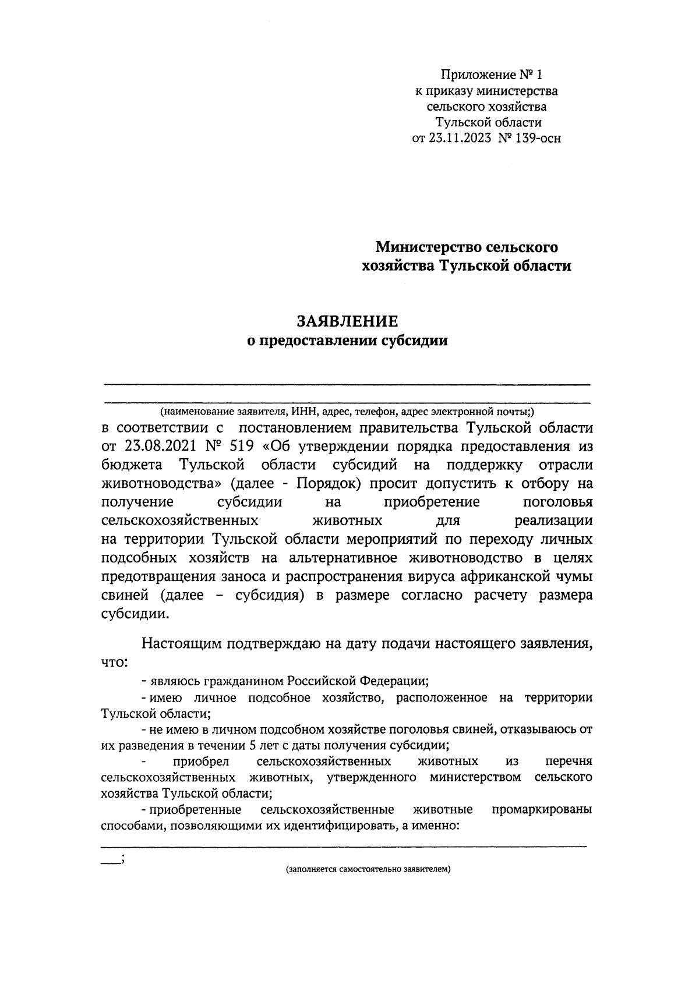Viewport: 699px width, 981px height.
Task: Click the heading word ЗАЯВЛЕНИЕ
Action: pyautogui.click(x=348, y=321)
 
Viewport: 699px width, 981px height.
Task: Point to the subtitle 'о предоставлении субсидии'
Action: pyautogui.click(x=347, y=341)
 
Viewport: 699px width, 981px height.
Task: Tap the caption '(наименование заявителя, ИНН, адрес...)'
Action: pyautogui.click(x=347, y=412)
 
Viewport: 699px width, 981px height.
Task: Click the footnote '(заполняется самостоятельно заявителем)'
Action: pyautogui.click(x=369, y=870)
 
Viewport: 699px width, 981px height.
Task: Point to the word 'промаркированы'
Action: pyautogui.click(x=542, y=810)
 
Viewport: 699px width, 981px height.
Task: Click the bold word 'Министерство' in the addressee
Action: pyautogui.click(x=427, y=247)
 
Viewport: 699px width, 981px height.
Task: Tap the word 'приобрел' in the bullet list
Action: pyautogui.click(x=201, y=762)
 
